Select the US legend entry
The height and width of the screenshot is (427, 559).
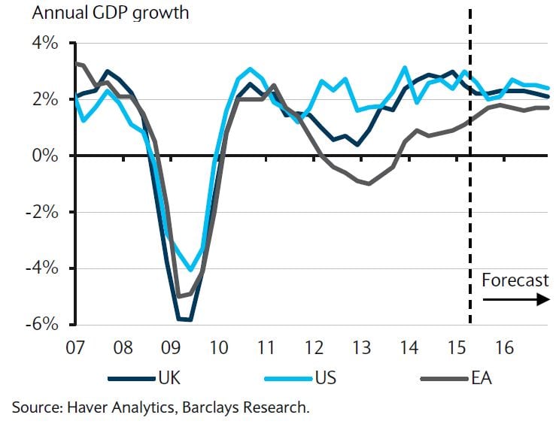coord(326,376)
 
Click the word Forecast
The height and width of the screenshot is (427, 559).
coord(515,280)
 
